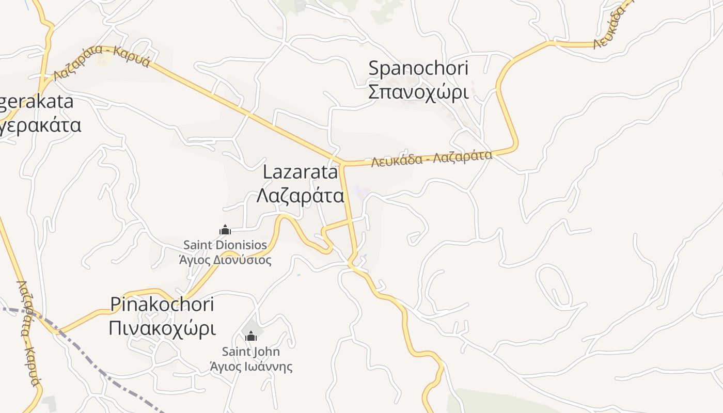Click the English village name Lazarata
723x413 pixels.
click(x=300, y=172)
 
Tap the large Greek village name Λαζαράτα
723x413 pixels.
click(x=300, y=196)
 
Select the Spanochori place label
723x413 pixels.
click(x=418, y=68)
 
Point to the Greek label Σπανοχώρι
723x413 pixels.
click(x=418, y=92)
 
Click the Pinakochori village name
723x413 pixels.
click(x=162, y=305)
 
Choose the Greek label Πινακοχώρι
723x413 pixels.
click(x=162, y=328)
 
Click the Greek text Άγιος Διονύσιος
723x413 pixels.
click(x=225, y=259)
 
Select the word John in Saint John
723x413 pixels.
click(x=269, y=352)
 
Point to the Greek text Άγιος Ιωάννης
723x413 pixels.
click(x=251, y=367)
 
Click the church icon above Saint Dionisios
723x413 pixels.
click(x=225, y=230)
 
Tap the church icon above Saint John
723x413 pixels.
click(x=251, y=337)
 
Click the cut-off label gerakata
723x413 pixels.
click(x=36, y=102)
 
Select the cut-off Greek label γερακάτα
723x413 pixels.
click(x=40, y=125)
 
